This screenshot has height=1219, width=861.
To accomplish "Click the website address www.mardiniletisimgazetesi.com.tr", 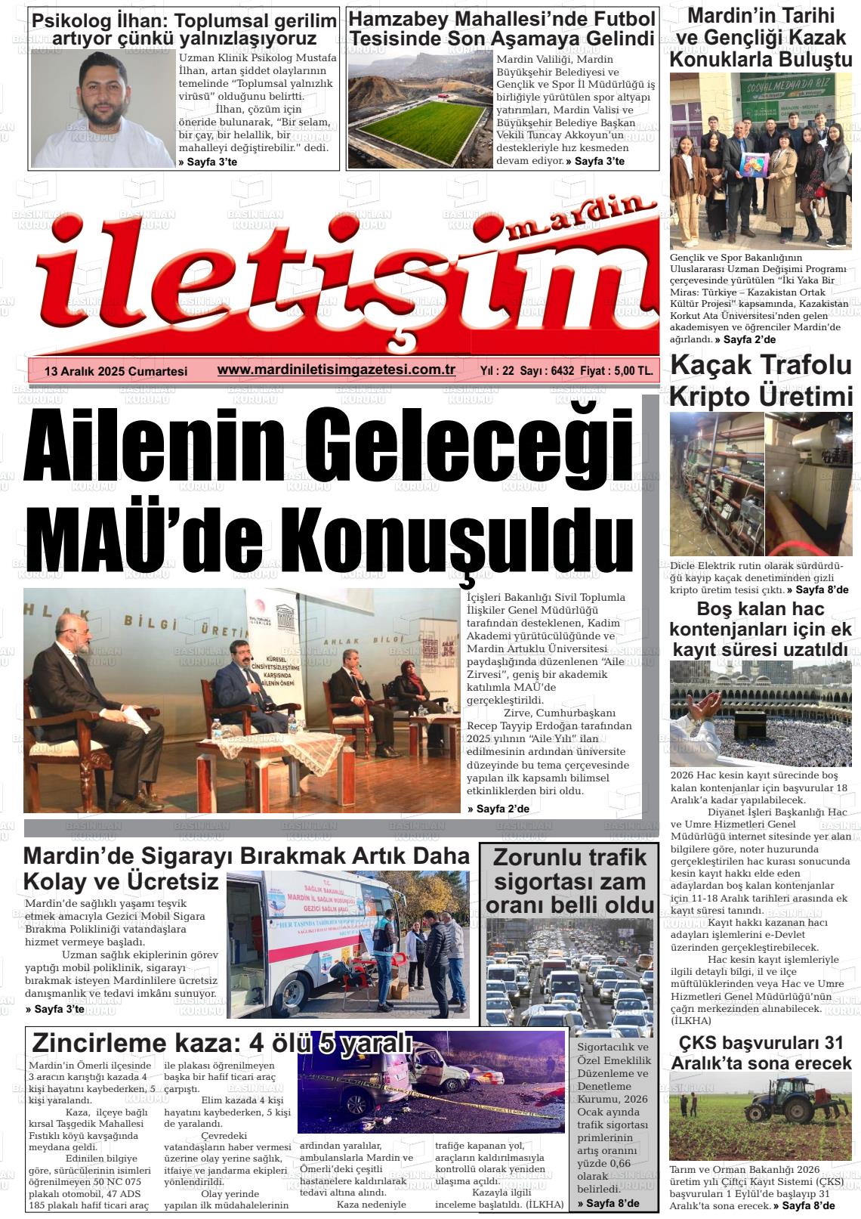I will tap(336, 370).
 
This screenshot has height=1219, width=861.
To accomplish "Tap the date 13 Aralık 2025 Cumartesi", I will tap(116, 371).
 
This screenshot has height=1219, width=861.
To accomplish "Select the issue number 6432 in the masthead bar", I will tap(563, 371).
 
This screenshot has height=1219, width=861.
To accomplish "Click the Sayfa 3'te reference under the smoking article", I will tap(54, 1009).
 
